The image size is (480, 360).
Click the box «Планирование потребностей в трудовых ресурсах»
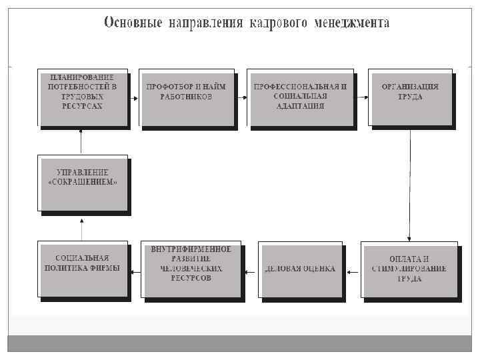(82, 96)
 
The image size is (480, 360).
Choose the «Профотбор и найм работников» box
(186, 96)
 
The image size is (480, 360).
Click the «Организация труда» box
(409, 96)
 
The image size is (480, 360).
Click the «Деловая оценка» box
(300, 269)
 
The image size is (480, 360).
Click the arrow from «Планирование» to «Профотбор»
(133, 99)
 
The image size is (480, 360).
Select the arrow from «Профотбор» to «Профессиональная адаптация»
(241, 98)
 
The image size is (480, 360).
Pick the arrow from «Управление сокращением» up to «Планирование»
(81, 141)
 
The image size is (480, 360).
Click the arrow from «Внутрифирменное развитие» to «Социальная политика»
(135, 271)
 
